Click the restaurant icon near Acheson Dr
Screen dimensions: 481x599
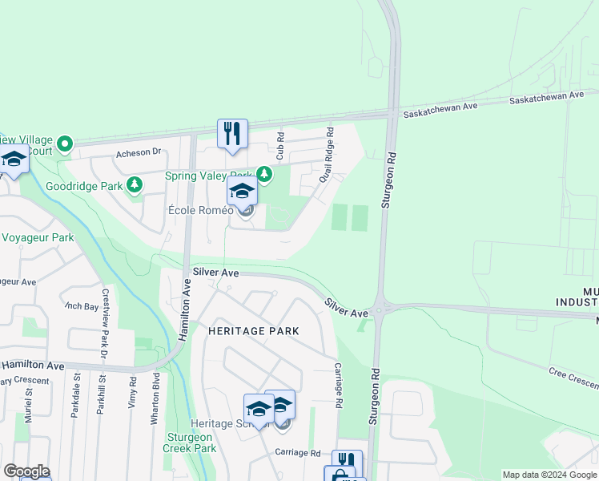tap(232, 133)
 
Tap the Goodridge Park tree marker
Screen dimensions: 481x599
tap(135, 185)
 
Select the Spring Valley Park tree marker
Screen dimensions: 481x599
tap(263, 174)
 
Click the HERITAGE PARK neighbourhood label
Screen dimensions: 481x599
tap(253, 330)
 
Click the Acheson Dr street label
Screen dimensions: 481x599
tap(139, 152)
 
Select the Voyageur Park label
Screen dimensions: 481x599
tap(38, 237)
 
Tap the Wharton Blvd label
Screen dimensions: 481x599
tap(155, 398)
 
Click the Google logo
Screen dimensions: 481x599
tap(26, 471)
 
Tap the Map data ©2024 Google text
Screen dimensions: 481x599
tap(549, 475)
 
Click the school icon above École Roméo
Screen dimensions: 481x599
tap(241, 192)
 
